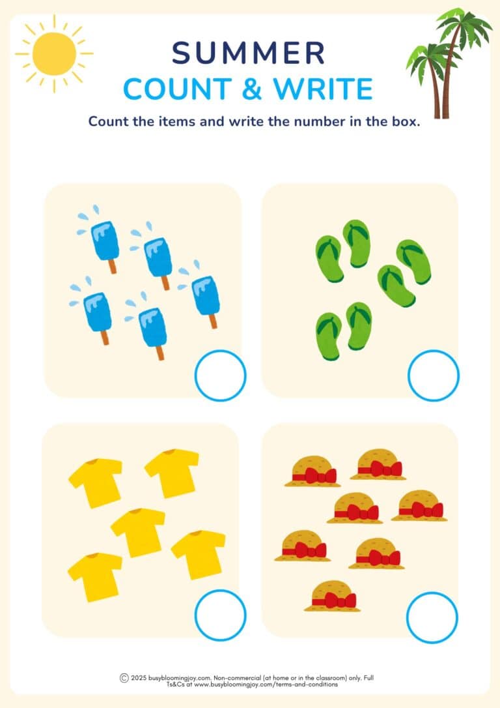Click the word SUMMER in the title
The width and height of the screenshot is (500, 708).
click(249, 53)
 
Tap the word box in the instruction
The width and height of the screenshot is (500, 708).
click(403, 122)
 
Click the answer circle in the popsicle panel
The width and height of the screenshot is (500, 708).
click(220, 376)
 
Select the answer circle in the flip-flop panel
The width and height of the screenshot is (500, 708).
click(433, 376)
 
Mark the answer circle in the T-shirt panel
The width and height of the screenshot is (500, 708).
click(220, 615)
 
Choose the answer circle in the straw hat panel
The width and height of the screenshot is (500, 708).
click(432, 617)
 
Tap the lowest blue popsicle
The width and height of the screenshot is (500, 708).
click(153, 329)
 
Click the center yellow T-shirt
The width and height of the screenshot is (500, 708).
click(138, 532)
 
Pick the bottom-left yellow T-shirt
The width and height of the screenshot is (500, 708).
click(95, 576)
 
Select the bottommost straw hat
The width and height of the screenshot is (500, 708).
click(331, 596)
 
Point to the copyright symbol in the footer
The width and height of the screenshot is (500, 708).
click(124, 678)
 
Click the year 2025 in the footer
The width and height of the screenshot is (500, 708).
click(138, 678)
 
